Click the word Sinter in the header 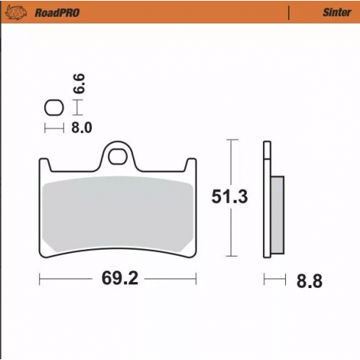tap(334, 12)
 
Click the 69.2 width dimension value tap(118, 279)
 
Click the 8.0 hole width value tap(81, 128)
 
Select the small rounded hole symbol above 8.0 tap(54, 108)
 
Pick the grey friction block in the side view tap(277, 213)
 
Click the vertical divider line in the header tap(289, 12)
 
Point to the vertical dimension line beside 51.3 tap(233, 197)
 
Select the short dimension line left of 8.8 tap(275, 279)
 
